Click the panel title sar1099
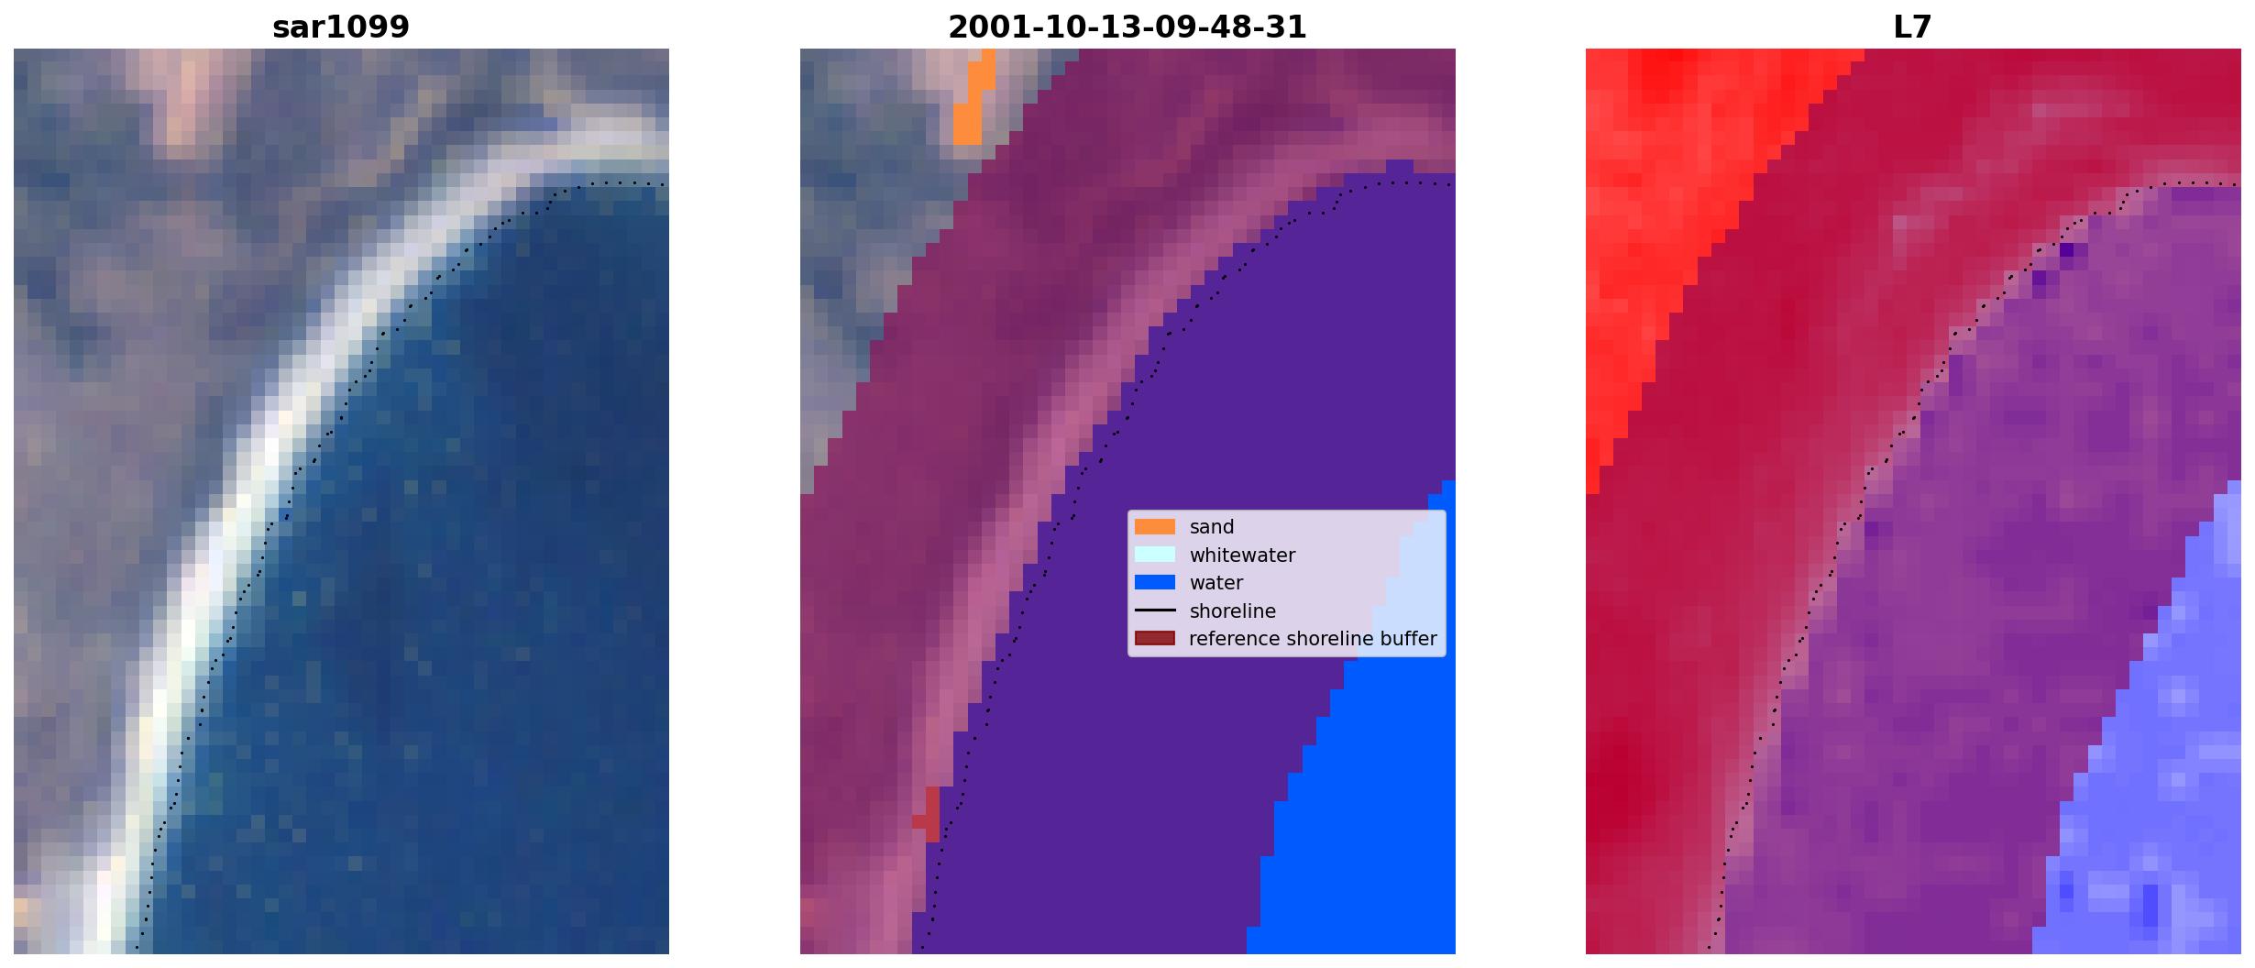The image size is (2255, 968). point(341,27)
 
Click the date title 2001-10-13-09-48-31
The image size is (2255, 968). point(1127,27)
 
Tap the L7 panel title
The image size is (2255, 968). point(1913,27)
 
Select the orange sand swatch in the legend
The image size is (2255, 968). point(1155,527)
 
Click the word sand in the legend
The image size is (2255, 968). point(1212,527)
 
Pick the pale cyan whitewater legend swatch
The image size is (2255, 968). point(1155,555)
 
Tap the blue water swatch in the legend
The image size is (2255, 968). point(1155,582)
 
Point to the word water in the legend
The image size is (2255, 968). point(1216,583)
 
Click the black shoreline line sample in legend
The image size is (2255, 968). point(1155,610)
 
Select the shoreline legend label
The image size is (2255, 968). point(1233,611)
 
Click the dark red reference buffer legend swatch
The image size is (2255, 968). point(1155,638)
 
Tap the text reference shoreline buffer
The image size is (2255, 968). point(1313,639)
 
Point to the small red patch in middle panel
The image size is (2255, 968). point(929,815)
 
